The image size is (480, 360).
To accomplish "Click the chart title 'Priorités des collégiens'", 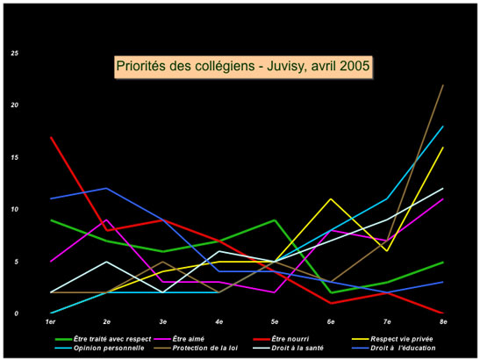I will [243, 66].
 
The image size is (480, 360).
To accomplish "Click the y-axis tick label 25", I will [14, 54].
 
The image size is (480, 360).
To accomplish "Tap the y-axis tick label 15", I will [14, 158].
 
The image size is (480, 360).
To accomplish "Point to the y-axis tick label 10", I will [14, 210].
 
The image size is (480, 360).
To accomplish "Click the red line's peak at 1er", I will [52, 137].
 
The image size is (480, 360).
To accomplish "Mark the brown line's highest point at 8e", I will [444, 85].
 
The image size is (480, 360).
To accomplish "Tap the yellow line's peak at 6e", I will [331, 199].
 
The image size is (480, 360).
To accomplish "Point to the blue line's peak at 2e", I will [106, 189].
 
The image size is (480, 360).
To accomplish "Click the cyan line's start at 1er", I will [52, 313].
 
